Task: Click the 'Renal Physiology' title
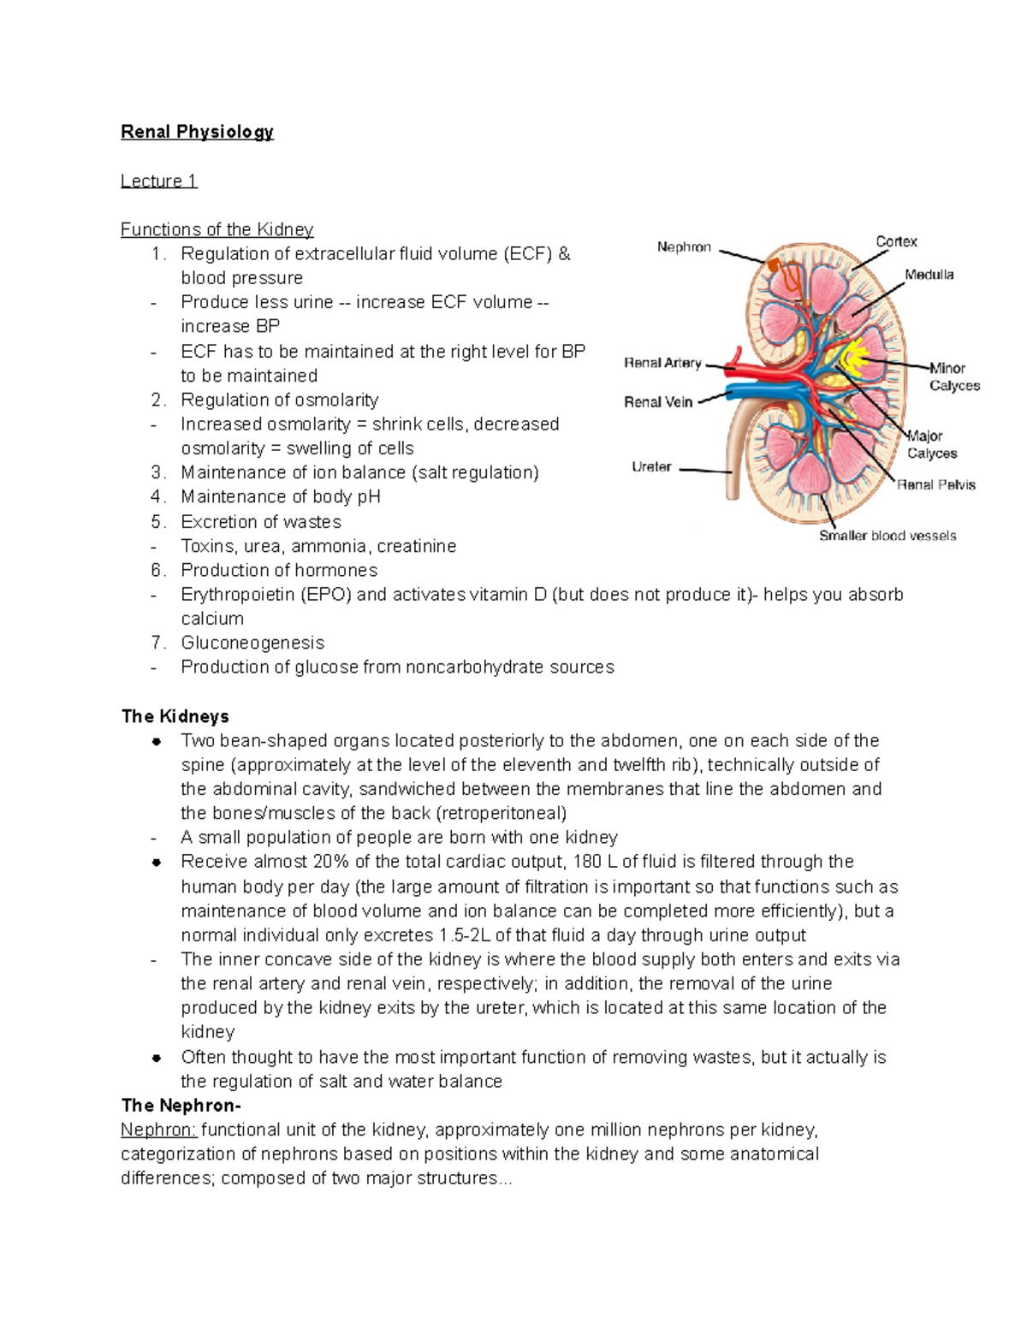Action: click(x=197, y=132)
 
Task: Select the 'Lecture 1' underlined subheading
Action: click(x=159, y=181)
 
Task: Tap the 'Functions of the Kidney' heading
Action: click(x=217, y=229)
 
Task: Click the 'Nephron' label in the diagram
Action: click(x=684, y=247)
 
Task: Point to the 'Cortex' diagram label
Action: click(x=896, y=242)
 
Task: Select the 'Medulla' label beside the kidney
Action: click(x=929, y=275)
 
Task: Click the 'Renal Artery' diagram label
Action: click(x=662, y=363)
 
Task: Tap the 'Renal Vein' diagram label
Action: click(x=658, y=402)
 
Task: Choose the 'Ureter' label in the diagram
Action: click(x=651, y=467)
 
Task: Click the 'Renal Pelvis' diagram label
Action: click(x=936, y=485)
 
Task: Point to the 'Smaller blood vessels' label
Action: click(x=887, y=536)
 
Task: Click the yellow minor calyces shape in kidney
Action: click(x=856, y=358)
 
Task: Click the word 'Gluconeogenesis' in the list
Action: click(x=252, y=643)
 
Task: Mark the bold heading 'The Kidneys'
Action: click(x=175, y=716)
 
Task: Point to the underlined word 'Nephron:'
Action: click(x=158, y=1130)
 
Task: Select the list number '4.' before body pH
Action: click(x=157, y=497)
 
